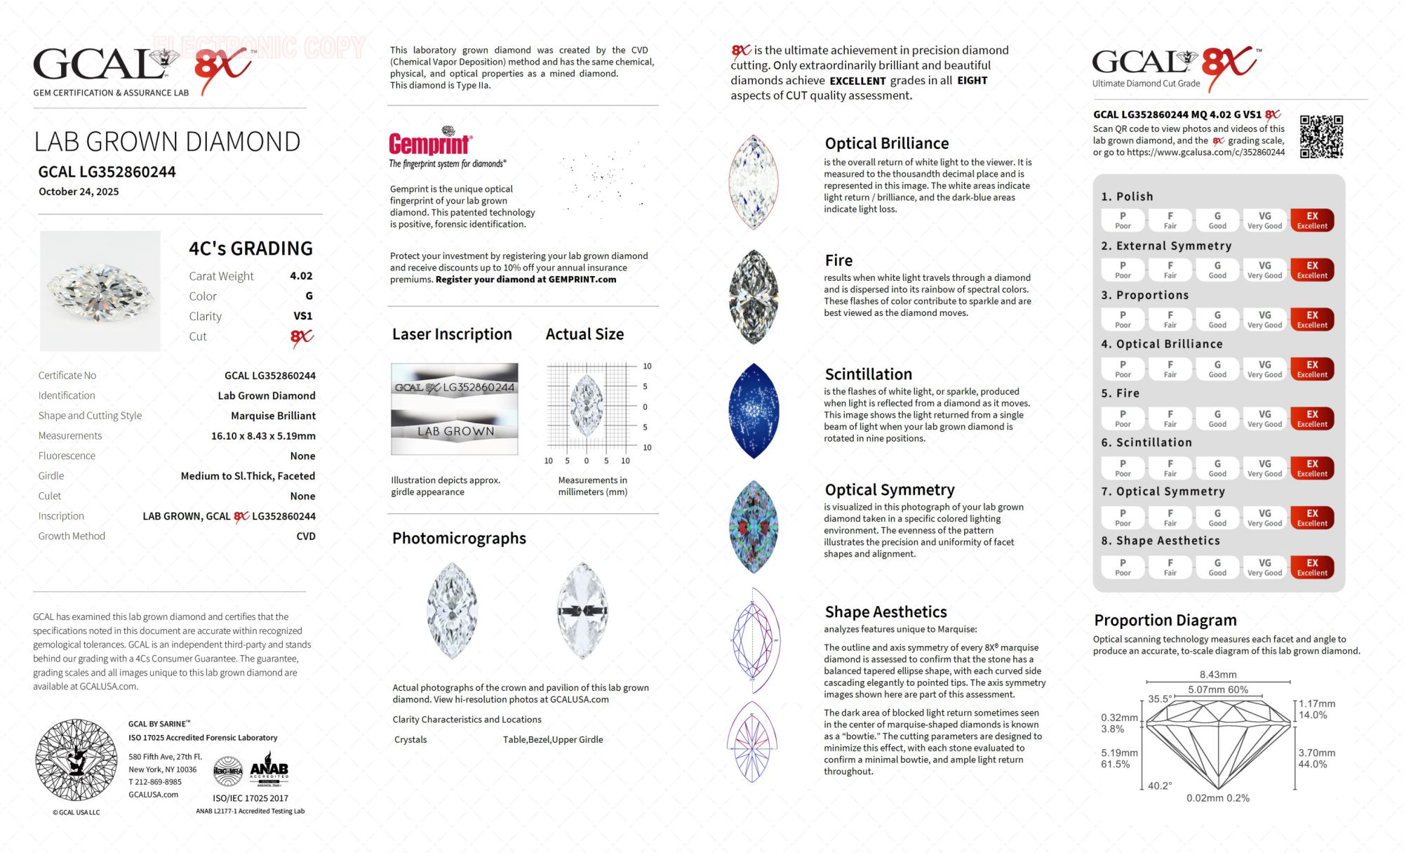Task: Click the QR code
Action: point(1321,137)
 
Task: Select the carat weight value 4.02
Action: point(301,276)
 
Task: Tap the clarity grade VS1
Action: point(302,316)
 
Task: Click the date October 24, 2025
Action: point(79,192)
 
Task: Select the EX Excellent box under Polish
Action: point(1311,220)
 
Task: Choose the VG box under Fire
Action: point(1264,418)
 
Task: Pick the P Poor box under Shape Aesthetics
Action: point(1123,567)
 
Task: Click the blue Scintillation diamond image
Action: point(754,411)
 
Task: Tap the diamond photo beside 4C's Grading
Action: point(100,291)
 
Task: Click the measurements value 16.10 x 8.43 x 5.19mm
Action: point(263,436)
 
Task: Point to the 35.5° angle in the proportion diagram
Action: point(1159,699)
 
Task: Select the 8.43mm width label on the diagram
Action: point(1218,675)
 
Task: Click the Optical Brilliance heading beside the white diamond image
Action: point(886,144)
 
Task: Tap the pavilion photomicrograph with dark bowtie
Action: point(582,611)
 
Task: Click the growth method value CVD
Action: point(306,536)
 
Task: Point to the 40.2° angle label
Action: point(1160,786)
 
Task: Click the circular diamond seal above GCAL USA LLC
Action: point(76,760)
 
